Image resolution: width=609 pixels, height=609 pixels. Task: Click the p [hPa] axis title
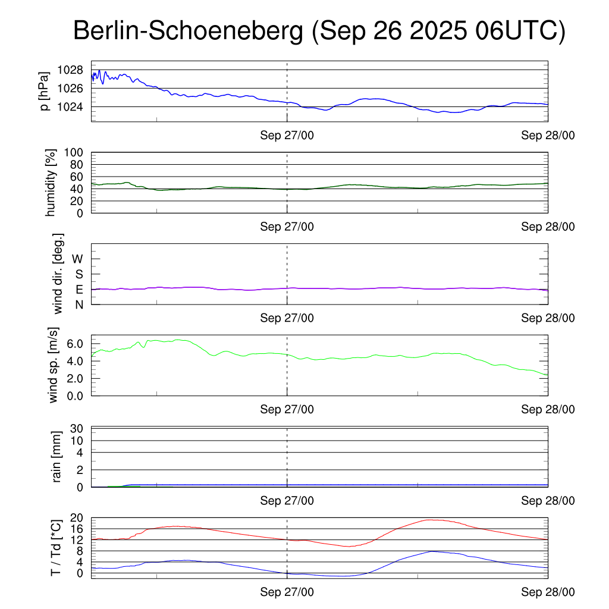(x=45, y=91)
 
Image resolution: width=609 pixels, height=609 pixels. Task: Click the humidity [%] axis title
(x=50, y=183)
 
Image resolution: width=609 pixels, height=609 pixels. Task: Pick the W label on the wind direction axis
(x=77, y=259)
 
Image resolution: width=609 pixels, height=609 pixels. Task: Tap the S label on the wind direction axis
(x=79, y=274)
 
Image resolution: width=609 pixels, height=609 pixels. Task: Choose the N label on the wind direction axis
(x=79, y=304)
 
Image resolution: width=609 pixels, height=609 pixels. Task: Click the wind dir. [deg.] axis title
(x=58, y=274)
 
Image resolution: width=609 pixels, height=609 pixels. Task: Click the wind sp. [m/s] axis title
(x=54, y=365)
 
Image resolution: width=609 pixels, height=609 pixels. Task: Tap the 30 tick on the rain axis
(x=76, y=429)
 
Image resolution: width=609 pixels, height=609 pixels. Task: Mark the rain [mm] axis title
(x=57, y=457)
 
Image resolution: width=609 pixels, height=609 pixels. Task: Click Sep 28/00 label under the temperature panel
(x=548, y=592)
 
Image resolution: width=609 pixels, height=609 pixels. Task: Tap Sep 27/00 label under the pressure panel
(x=287, y=135)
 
